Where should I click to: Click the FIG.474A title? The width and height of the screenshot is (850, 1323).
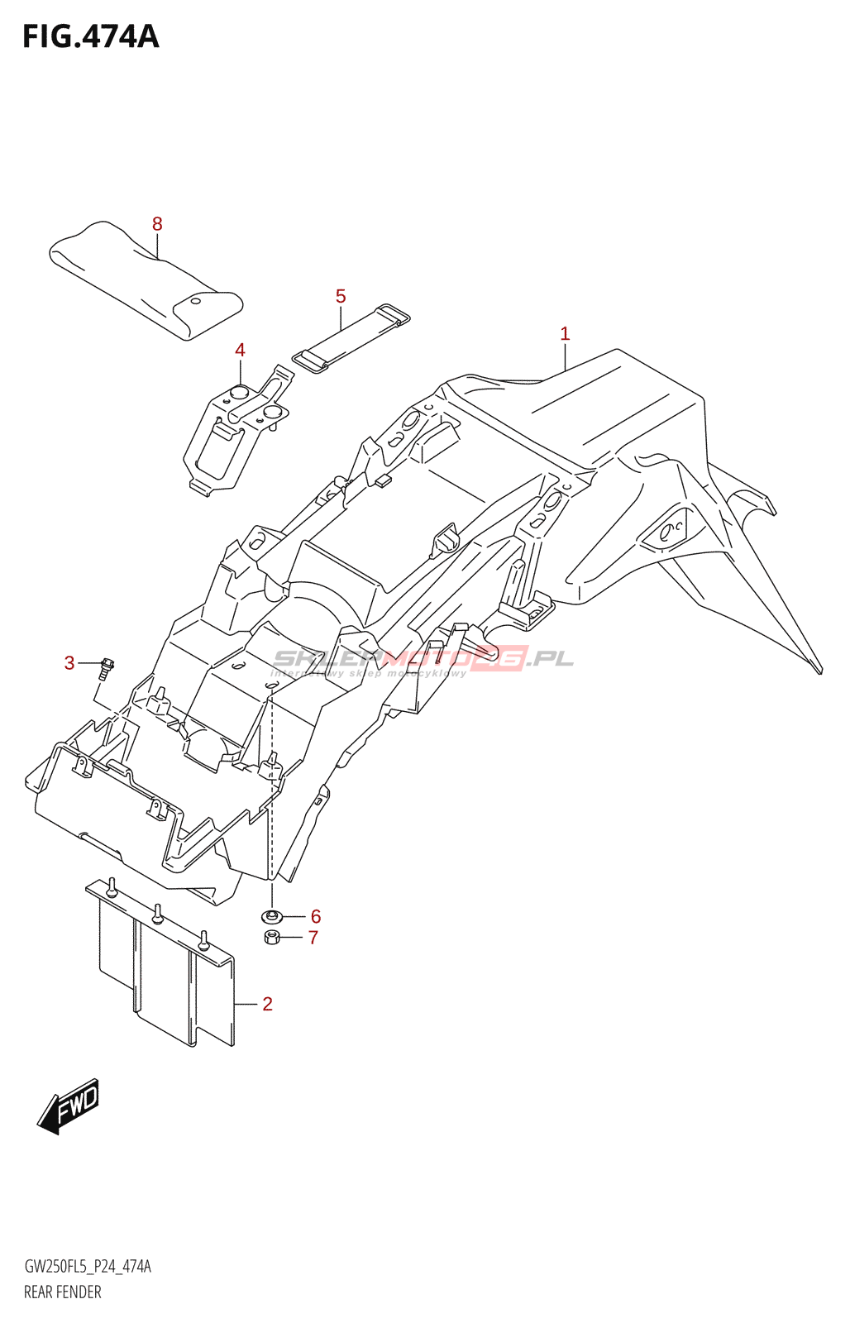[90, 36]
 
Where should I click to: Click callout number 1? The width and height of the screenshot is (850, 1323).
[565, 334]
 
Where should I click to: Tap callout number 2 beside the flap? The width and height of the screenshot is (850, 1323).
[267, 1004]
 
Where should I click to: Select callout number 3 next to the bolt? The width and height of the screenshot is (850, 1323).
[69, 663]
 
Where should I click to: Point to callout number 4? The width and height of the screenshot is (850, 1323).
[240, 350]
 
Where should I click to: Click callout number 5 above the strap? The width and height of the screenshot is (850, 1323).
[341, 296]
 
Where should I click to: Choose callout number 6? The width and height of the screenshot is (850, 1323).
[316, 916]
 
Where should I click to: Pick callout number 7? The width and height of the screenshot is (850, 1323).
[313, 938]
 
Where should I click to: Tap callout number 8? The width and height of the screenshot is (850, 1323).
[157, 224]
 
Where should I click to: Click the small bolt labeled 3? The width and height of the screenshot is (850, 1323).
[106, 666]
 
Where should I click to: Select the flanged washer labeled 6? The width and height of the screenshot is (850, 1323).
[270, 916]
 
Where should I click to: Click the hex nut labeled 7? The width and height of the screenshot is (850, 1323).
[270, 937]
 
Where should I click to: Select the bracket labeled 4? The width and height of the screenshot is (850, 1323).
[236, 434]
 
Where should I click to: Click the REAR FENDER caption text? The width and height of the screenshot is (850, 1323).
[63, 1292]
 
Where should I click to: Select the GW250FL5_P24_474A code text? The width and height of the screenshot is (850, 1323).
[88, 1267]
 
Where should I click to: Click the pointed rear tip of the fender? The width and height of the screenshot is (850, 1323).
[819, 670]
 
